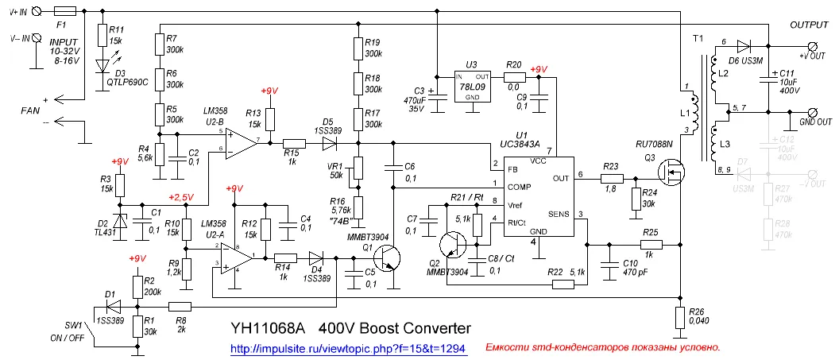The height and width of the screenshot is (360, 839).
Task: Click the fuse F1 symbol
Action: click(67, 12)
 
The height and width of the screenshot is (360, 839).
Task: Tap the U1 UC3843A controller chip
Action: click(535, 194)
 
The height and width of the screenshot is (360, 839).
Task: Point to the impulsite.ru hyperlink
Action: click(347, 348)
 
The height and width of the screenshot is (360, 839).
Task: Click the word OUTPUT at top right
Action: click(809, 25)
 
